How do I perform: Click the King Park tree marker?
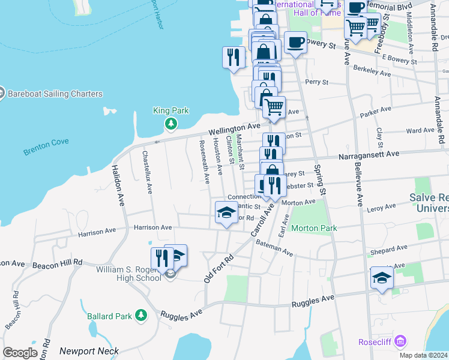[x=171, y=124]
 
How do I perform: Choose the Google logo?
[x=20, y=352]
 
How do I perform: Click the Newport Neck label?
[x=89, y=350]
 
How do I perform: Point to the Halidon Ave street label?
[x=117, y=185]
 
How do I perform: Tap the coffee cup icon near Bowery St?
[x=295, y=43]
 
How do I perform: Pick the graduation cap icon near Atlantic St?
[x=226, y=212]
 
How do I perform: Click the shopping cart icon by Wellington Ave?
[x=274, y=107]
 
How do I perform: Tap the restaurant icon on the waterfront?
[x=234, y=58]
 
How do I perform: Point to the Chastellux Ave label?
[x=146, y=172]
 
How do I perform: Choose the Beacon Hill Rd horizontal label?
[x=57, y=264]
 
